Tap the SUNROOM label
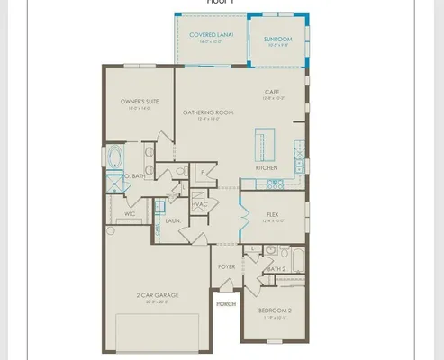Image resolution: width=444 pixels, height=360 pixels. (x=276, y=40)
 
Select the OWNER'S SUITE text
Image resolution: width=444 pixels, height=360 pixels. (x=140, y=103)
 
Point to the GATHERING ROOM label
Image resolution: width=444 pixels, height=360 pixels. (x=208, y=112)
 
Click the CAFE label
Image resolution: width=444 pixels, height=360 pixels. (x=272, y=93)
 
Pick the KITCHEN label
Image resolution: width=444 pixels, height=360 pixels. (x=266, y=168)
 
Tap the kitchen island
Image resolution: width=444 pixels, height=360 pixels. (x=266, y=143)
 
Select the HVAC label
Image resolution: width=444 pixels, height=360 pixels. (x=201, y=204)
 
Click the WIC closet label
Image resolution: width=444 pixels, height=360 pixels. (x=130, y=214)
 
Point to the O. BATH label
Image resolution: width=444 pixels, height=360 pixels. (x=135, y=176)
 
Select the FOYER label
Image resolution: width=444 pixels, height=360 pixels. (x=227, y=267)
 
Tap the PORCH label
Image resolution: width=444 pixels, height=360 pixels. (x=225, y=305)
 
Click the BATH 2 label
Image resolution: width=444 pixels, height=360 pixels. (x=276, y=269)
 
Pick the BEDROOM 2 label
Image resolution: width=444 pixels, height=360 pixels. (x=274, y=311)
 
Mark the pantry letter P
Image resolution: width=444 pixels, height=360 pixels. (x=204, y=171)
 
